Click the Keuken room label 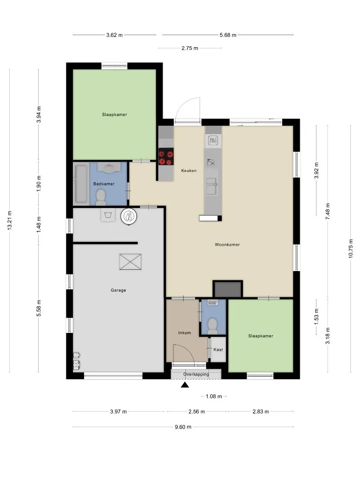pos(188,171)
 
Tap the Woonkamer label pos(227,244)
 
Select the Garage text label pos(118,290)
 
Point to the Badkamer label pos(104,184)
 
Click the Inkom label pos(184,333)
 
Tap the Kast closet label pos(218,350)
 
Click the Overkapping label pos(196,374)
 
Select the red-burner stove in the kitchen pos(166,157)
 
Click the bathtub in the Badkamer pos(81,184)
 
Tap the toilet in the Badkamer pos(101,197)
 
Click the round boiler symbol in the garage pos(129,216)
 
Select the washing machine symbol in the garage pos(108,215)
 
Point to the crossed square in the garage pos(130,262)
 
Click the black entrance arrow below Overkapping pos(184,385)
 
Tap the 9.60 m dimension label pos(183,427)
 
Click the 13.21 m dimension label pos(10,220)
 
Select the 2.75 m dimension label pos(190,48)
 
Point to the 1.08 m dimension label pos(214,396)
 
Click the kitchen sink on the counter pos(212,186)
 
